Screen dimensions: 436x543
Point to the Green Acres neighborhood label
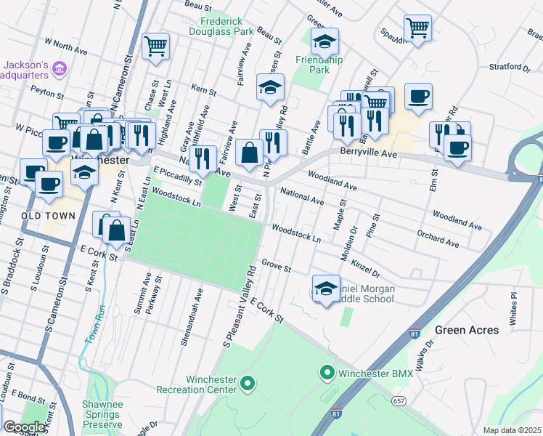click(x=467, y=330)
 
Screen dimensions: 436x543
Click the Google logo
click(x=23, y=427)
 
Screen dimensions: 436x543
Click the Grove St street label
click(x=276, y=267)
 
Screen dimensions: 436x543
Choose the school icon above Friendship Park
click(x=324, y=41)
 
